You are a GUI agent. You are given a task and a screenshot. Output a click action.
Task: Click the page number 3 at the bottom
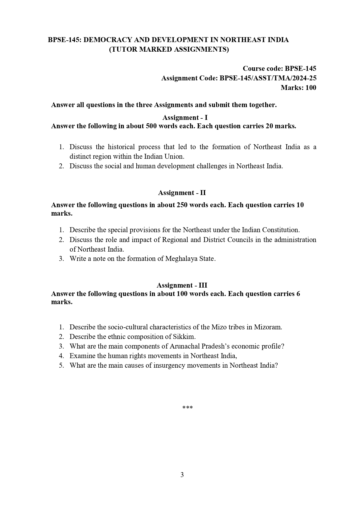point(182,475)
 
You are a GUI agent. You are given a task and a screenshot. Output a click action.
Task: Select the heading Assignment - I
point(185,118)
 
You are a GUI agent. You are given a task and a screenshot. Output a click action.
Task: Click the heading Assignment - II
point(182,193)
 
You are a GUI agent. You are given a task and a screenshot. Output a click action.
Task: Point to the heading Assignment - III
point(182,285)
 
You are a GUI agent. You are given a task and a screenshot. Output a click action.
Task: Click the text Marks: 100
point(298,88)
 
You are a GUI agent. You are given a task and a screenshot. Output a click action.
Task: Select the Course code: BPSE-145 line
point(279,68)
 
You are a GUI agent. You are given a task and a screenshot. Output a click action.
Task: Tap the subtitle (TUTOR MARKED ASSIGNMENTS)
point(169,49)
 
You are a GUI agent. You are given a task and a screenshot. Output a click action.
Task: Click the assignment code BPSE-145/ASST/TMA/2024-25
point(268,78)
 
